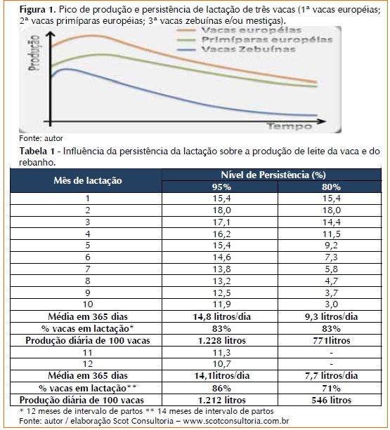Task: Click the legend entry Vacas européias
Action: [x=252, y=30]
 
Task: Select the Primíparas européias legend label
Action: [x=267, y=40]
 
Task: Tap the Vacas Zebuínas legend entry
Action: [x=248, y=49]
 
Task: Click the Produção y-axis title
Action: [x=34, y=53]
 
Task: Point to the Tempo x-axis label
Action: [x=290, y=126]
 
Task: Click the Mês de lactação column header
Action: [x=88, y=180]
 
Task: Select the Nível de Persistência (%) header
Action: [x=273, y=175]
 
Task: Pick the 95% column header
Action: [x=221, y=187]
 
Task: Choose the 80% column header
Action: [x=331, y=187]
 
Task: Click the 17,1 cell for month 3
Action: [x=221, y=222]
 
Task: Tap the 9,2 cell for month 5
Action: [x=331, y=246]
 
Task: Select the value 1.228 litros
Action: [x=221, y=340]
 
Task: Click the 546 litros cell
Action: [x=331, y=400]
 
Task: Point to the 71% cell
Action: [x=331, y=389]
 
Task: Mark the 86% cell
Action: [x=221, y=389]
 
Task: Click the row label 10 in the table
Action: [x=88, y=304]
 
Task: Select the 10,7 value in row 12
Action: [x=221, y=364]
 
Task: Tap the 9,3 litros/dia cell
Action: [x=331, y=317]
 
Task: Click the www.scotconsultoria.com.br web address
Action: [x=236, y=421]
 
